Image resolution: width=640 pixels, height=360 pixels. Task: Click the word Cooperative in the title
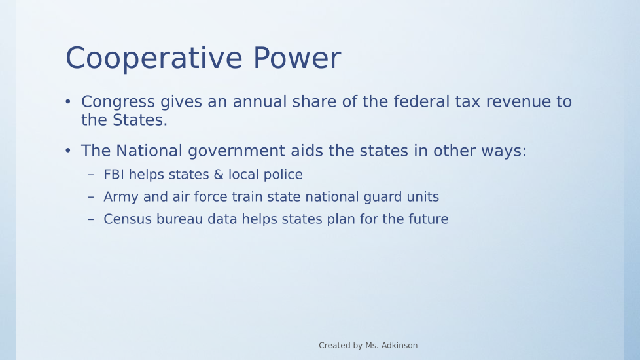coord(154,59)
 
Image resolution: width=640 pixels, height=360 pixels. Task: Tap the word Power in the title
coord(297,58)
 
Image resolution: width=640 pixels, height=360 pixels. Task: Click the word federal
coord(421,101)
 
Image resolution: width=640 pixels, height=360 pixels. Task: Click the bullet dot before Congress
coord(68,101)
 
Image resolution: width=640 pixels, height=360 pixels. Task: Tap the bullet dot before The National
coord(68,151)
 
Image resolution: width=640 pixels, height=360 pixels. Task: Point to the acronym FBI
coord(114,175)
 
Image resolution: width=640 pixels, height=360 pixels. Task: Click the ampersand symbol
coord(219,175)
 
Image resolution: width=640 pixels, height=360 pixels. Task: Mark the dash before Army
coord(90,197)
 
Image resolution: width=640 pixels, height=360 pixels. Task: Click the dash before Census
coord(90,219)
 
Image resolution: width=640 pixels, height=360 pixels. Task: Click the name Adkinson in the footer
coord(399,346)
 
